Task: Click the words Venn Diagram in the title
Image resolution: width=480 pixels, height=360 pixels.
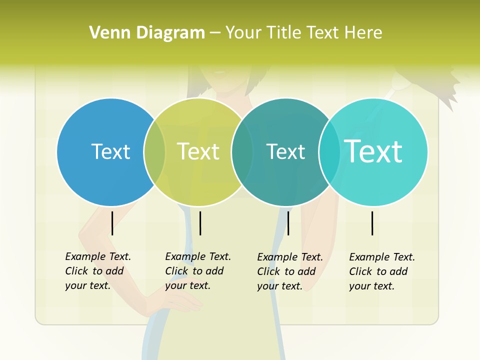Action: point(147,33)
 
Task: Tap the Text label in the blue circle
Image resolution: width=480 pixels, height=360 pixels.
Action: point(110,151)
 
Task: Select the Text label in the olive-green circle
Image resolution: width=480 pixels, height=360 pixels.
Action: point(198,151)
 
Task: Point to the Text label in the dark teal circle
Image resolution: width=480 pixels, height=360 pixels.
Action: point(285,151)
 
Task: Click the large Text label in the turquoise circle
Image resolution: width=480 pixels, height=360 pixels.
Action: point(373,151)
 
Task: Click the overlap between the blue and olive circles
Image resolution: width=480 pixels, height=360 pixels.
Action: point(154,151)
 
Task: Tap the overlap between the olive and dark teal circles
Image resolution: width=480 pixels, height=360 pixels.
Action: point(242,151)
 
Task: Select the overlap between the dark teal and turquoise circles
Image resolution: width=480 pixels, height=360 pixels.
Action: point(329,151)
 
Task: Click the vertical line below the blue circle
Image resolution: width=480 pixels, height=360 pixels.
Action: point(112,223)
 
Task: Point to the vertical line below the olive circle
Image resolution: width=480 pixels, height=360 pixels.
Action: point(200,223)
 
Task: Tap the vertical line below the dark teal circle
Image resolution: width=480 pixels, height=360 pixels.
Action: point(288,223)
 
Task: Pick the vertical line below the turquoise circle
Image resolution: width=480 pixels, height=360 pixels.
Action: point(372,223)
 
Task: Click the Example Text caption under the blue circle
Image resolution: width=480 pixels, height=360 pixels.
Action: point(98,271)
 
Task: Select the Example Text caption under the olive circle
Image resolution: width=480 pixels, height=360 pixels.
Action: point(198,271)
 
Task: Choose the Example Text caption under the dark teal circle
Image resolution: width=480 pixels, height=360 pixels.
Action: point(290,271)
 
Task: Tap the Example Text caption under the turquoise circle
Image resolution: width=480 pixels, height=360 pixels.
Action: point(382,271)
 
